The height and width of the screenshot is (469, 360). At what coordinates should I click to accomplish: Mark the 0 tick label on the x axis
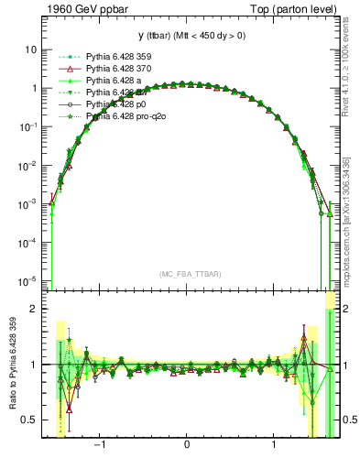pos(187,449)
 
